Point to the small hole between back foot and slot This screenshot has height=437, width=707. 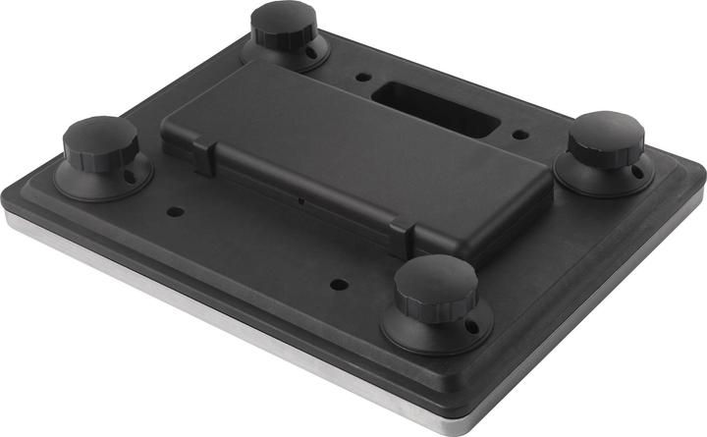tap(363, 76)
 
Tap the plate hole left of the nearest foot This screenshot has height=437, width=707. tap(339, 285)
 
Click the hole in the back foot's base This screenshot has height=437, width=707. tap(314, 48)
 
